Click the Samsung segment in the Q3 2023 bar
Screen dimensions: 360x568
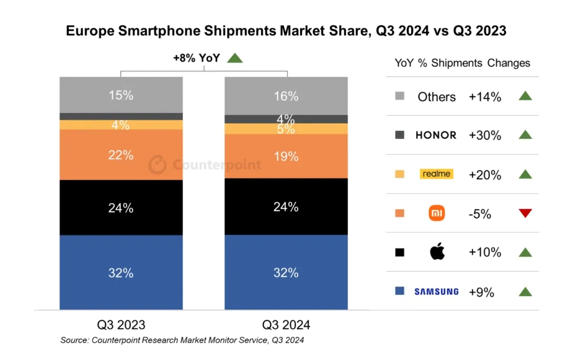121,273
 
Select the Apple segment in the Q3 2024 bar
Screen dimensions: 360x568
286,207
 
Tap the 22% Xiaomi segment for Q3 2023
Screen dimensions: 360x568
121,155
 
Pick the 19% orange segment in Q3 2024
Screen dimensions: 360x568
286,156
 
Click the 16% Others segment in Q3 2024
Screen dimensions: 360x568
286,96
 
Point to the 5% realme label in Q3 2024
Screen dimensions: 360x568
286,129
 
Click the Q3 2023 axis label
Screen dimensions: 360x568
121,324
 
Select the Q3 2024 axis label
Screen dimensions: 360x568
286,324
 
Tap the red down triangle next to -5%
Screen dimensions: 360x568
525,213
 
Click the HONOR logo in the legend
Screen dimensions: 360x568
436,135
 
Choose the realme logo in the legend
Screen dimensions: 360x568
437,174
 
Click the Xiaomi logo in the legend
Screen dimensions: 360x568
437,213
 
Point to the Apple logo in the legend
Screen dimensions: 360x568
437,252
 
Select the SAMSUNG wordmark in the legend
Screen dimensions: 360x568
437,291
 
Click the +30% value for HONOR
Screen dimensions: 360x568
485,136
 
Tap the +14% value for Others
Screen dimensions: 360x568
485,97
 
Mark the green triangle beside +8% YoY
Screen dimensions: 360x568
235,58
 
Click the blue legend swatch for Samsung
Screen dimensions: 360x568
400,291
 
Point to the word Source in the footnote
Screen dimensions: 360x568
74,341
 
